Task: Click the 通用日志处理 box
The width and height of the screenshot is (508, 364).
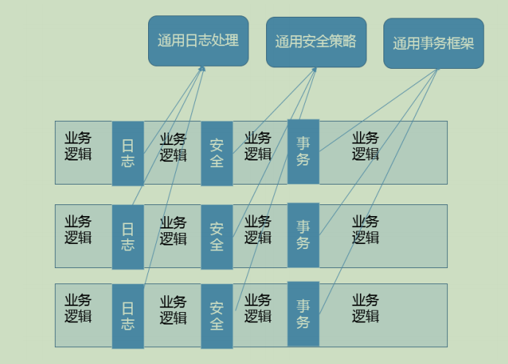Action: tap(198, 40)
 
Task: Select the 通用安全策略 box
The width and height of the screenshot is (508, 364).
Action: tap(316, 42)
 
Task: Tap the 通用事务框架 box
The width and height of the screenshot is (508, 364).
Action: tap(433, 43)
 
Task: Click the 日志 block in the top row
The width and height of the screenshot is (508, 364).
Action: tap(128, 153)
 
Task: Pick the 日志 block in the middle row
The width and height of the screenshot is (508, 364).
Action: tap(128, 237)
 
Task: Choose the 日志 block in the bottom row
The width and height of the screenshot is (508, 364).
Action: tap(128, 316)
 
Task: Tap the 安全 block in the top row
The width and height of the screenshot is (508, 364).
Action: tap(217, 153)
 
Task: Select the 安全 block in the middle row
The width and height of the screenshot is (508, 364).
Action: tap(217, 237)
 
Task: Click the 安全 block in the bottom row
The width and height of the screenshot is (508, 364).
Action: tap(217, 316)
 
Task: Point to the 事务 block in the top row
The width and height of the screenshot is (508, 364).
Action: tap(303, 152)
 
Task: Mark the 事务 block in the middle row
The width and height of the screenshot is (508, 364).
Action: tap(303, 235)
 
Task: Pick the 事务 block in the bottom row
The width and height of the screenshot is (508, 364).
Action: tap(303, 314)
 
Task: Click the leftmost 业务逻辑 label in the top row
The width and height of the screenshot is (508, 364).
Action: tap(78, 146)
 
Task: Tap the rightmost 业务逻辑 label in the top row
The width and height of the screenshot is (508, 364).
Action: tap(365, 146)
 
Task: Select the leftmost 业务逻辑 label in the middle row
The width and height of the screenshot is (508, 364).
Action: tap(78, 229)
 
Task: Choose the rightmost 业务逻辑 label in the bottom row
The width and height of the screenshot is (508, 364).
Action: tap(365, 308)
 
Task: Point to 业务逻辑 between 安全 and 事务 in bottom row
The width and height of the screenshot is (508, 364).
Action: tap(257, 308)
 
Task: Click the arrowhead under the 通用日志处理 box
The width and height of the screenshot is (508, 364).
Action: tap(202, 70)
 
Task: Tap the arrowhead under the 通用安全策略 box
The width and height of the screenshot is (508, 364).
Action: tap(314, 70)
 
